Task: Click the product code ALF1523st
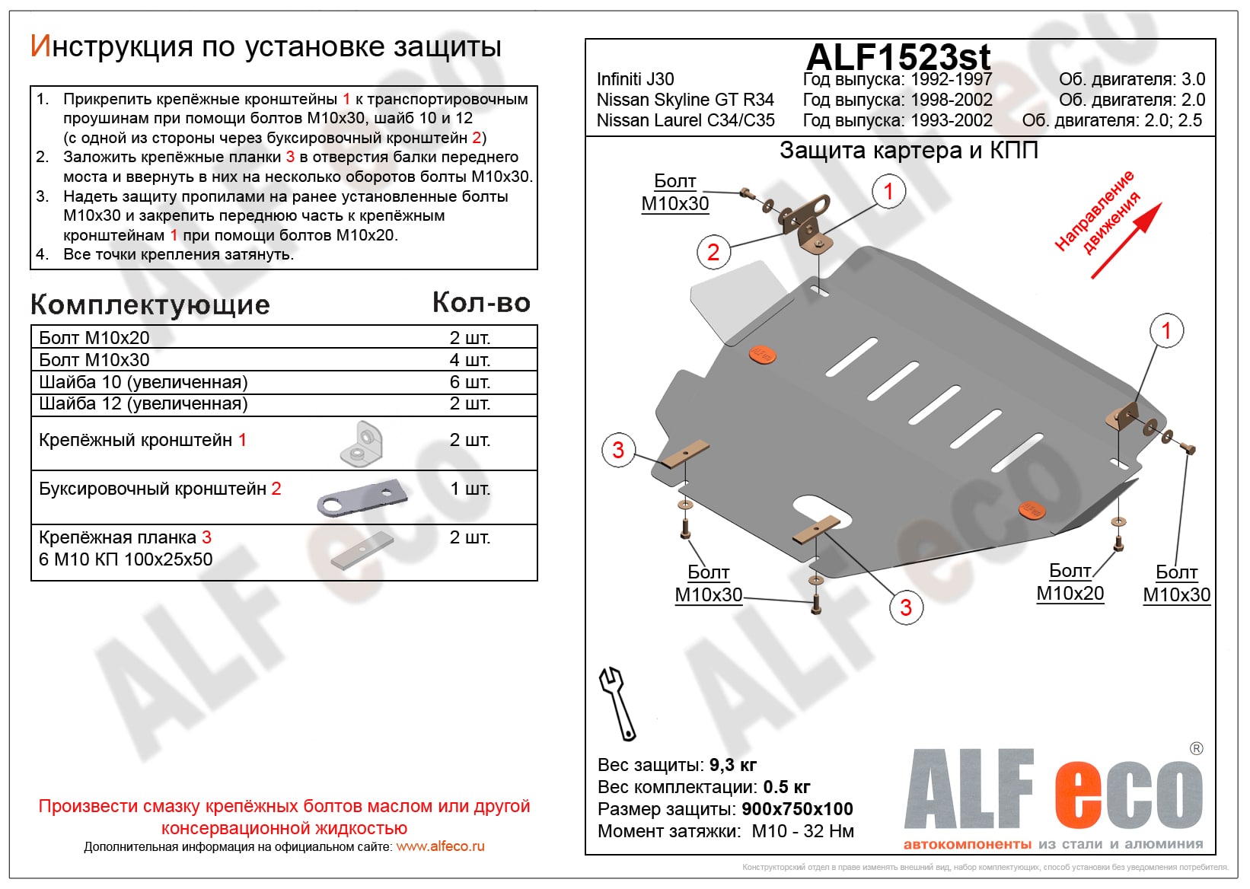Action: pos(898,57)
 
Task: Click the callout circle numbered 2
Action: pos(713,252)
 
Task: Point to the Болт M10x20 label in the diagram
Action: pos(1070,582)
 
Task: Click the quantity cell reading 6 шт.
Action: pos(470,382)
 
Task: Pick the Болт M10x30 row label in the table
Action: pos(94,360)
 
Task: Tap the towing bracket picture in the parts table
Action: pos(362,499)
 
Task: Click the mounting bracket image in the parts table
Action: pos(362,444)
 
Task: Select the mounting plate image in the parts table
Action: pos(362,550)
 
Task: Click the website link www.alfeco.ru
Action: pos(440,846)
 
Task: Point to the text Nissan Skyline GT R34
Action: pos(685,100)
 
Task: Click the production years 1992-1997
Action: pos(951,79)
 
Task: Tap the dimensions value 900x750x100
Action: pos(797,809)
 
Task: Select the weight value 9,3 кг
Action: pos(733,765)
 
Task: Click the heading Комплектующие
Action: pos(150,305)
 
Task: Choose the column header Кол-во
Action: pos(481,303)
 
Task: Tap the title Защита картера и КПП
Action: pos(908,151)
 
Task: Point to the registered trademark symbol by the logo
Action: pos(1196,749)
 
